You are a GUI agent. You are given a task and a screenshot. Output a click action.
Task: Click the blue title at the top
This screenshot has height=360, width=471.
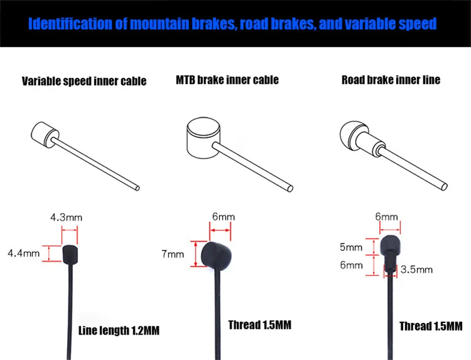coord(233,24)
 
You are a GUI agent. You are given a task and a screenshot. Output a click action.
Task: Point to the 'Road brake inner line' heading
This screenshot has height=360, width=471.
coord(390,80)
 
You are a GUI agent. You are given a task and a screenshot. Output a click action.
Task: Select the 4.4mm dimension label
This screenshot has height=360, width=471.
coord(23,254)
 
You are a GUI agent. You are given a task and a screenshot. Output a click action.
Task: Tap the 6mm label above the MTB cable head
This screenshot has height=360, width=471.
coord(223,217)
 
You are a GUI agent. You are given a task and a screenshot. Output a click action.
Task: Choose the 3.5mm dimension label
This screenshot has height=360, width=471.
coord(417,270)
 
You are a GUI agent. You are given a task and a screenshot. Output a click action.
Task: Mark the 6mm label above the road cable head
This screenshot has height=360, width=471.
coord(387,217)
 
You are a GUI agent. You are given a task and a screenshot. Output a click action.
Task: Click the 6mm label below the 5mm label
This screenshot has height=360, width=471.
coord(351,265)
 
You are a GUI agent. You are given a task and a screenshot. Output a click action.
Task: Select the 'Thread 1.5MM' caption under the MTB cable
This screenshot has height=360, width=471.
coord(260,325)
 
